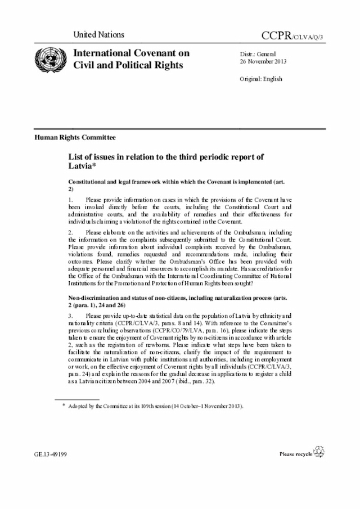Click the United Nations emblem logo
click(47, 59)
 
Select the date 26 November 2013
click(263, 61)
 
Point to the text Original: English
click(261, 79)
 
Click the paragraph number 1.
click(70, 200)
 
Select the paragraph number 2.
click(70, 232)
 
